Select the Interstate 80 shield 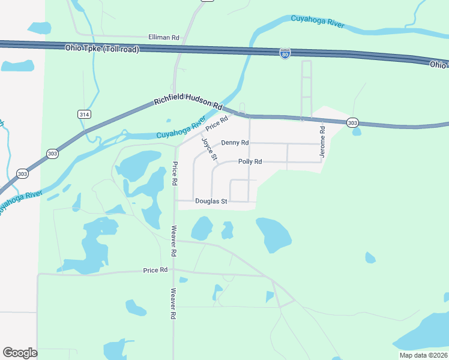(285, 54)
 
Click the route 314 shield (85, 113)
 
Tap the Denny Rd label (235, 143)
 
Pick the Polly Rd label (250, 162)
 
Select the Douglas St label (211, 202)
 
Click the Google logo (20, 353)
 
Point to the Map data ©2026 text (423, 355)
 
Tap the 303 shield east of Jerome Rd (353, 122)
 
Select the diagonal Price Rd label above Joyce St (217, 124)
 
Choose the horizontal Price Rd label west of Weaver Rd (155, 271)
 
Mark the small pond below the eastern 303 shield (357, 131)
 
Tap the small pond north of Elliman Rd (39, 28)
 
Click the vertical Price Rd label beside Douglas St (175, 173)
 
